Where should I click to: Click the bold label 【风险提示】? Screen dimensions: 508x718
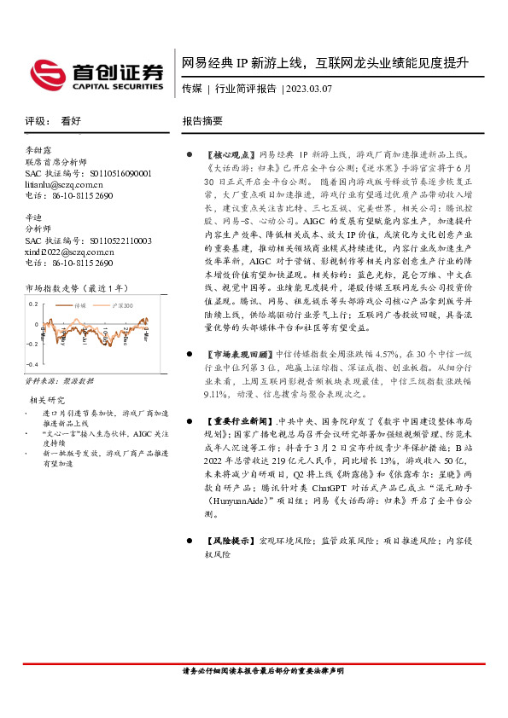coord(231,541)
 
